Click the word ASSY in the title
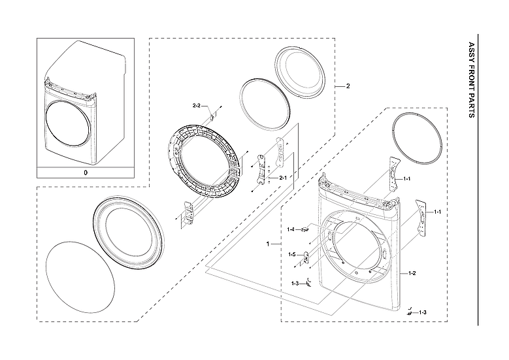[472, 51]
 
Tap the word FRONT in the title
[472, 77]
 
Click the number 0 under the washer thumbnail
[85, 173]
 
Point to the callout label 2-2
[197, 105]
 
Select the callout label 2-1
[283, 178]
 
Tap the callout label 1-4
[291, 229]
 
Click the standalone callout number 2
[348, 86]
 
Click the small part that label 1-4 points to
[304, 229]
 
